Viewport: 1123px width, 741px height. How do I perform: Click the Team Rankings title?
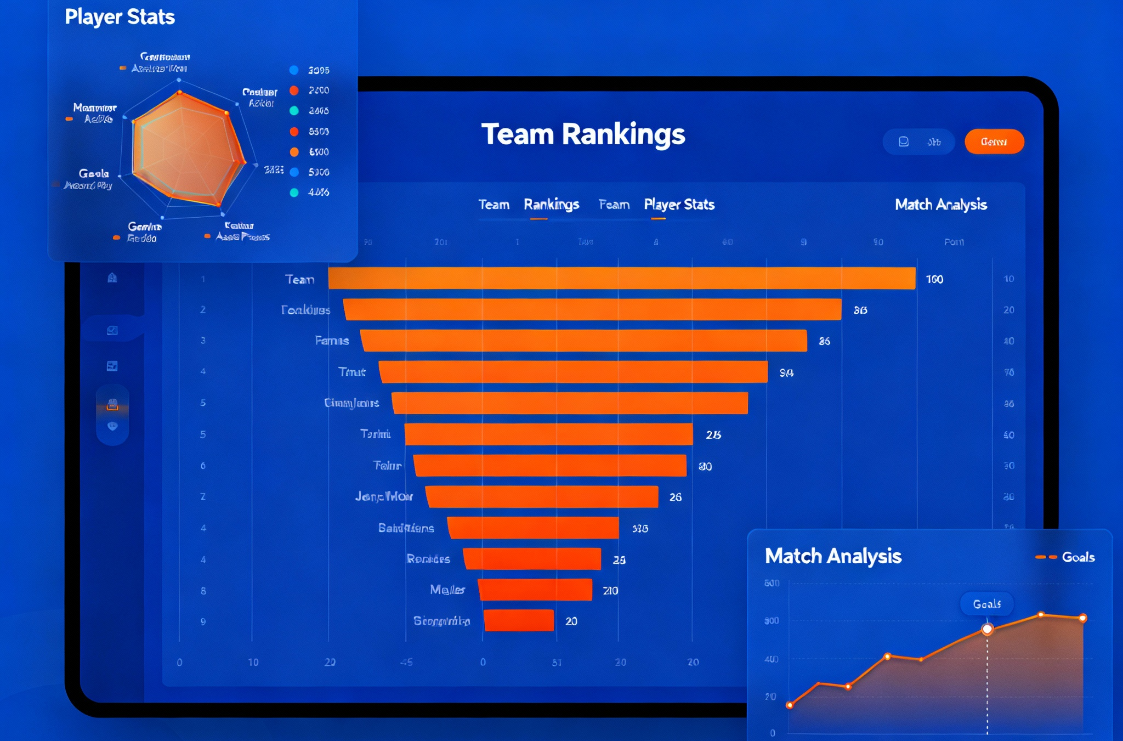click(583, 134)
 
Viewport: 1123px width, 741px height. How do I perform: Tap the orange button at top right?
click(994, 142)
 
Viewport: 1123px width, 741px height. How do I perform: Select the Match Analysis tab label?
click(940, 205)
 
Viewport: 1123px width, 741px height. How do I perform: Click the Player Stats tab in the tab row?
click(679, 205)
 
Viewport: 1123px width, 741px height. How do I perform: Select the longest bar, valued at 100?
click(621, 278)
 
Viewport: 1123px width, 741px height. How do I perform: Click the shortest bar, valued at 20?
click(519, 620)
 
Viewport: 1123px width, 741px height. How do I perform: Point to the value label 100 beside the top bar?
click(934, 279)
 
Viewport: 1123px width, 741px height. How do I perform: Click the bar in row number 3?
click(583, 341)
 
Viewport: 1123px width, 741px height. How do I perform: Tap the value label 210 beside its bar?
click(610, 591)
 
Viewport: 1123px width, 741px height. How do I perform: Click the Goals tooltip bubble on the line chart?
click(986, 604)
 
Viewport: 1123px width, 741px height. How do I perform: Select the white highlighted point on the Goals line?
click(987, 629)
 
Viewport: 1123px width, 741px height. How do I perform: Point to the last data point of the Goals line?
click(1083, 618)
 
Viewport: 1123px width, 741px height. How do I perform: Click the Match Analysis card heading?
click(832, 556)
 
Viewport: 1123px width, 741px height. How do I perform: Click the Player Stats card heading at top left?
click(120, 17)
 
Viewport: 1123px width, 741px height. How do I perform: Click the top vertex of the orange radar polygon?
click(179, 93)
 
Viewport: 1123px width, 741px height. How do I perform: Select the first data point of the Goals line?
click(790, 705)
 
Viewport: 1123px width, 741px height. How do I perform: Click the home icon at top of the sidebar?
click(112, 278)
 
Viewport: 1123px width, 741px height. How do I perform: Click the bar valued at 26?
click(542, 496)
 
